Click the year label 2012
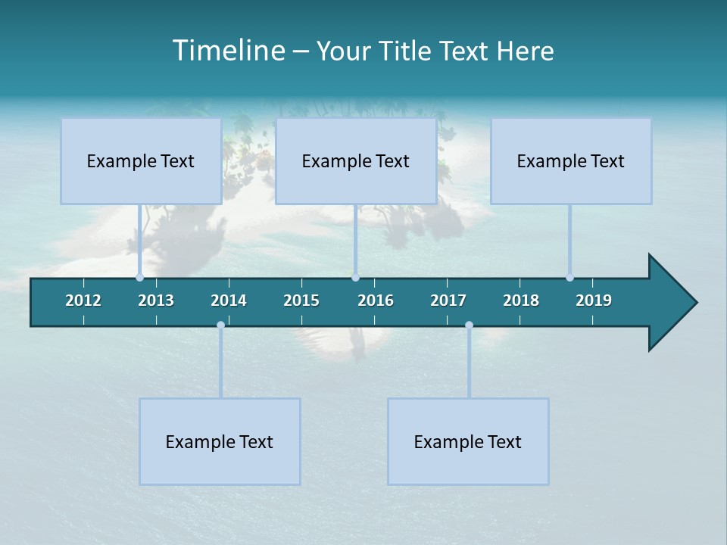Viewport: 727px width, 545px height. pyautogui.click(x=83, y=301)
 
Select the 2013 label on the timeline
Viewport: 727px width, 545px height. pyautogui.click(x=156, y=301)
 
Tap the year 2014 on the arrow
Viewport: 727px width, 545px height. pyautogui.click(x=229, y=301)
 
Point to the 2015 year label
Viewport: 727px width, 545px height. pyautogui.click(x=301, y=301)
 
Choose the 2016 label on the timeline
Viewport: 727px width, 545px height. pyautogui.click(x=376, y=301)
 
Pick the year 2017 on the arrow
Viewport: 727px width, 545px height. pyautogui.click(x=448, y=301)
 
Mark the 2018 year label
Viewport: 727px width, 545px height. pyautogui.click(x=521, y=301)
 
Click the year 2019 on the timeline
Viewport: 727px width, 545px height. pyautogui.click(x=594, y=301)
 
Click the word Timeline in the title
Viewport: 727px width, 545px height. pyautogui.click(x=228, y=51)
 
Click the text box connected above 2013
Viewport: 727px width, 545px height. pyautogui.click(x=141, y=160)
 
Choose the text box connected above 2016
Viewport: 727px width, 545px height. pyautogui.click(x=356, y=160)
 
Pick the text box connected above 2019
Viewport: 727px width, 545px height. pyautogui.click(x=571, y=160)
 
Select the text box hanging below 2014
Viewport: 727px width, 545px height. pyautogui.click(x=220, y=441)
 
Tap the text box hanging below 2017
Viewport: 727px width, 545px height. pyautogui.click(x=468, y=441)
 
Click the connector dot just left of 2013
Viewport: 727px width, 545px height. pyautogui.click(x=139, y=277)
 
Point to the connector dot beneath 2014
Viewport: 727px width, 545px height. pyautogui.click(x=220, y=325)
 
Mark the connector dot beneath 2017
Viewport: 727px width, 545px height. pyautogui.click(x=469, y=325)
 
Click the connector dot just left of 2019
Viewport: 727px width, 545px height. pyautogui.click(x=569, y=277)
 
